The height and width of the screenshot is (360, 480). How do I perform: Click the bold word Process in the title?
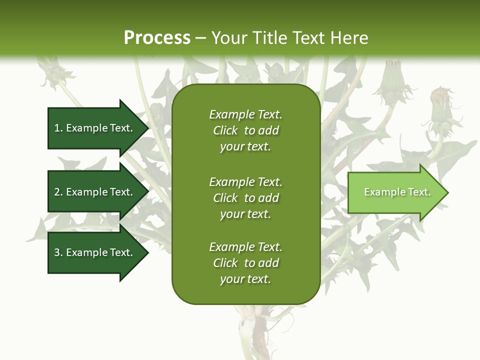pyautogui.click(x=157, y=37)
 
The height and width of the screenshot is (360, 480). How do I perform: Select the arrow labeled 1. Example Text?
pyautogui.click(x=95, y=128)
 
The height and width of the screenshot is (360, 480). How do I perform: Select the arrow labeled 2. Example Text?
pyautogui.click(x=95, y=192)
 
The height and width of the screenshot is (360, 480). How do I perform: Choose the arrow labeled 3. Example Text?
pyautogui.click(x=95, y=252)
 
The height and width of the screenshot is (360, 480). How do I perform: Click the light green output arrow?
pyautogui.click(x=395, y=192)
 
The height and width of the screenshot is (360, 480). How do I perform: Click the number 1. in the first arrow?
pyautogui.click(x=58, y=128)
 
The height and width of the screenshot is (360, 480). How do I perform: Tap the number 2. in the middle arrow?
pyautogui.click(x=58, y=192)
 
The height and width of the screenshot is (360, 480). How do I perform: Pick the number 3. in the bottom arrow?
pyautogui.click(x=58, y=252)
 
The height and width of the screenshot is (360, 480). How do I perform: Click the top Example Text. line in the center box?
pyautogui.click(x=245, y=114)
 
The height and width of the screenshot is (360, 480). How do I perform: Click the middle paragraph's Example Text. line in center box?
pyautogui.click(x=245, y=182)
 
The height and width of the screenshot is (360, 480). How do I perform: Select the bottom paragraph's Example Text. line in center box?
pyautogui.click(x=245, y=247)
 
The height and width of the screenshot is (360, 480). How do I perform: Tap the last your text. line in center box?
pyautogui.click(x=245, y=279)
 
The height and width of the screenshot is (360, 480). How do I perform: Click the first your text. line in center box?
pyautogui.click(x=245, y=146)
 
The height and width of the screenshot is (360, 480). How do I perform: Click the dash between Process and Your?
pyautogui.click(x=201, y=37)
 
